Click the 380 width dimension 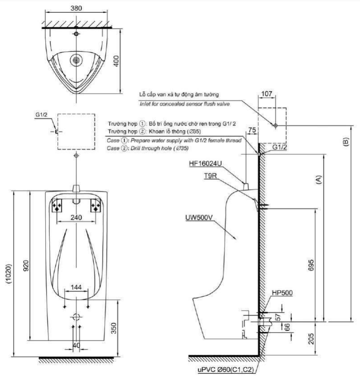click(x=76, y=8)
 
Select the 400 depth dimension click(x=117, y=61)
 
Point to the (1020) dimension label click(x=9, y=274)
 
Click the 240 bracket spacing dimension click(x=76, y=217)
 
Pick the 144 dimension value click(x=76, y=288)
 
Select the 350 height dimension click(x=113, y=328)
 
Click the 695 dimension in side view click(x=311, y=265)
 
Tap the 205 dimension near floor click(x=311, y=339)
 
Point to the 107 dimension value click(x=267, y=94)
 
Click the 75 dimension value click(x=252, y=130)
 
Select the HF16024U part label click(x=205, y=164)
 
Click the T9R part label click(x=210, y=175)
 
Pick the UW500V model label click(x=199, y=218)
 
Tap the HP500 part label click(x=282, y=293)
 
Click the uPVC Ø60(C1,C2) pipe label click(x=226, y=370)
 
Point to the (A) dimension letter click(x=319, y=180)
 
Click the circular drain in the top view click(x=76, y=60)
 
